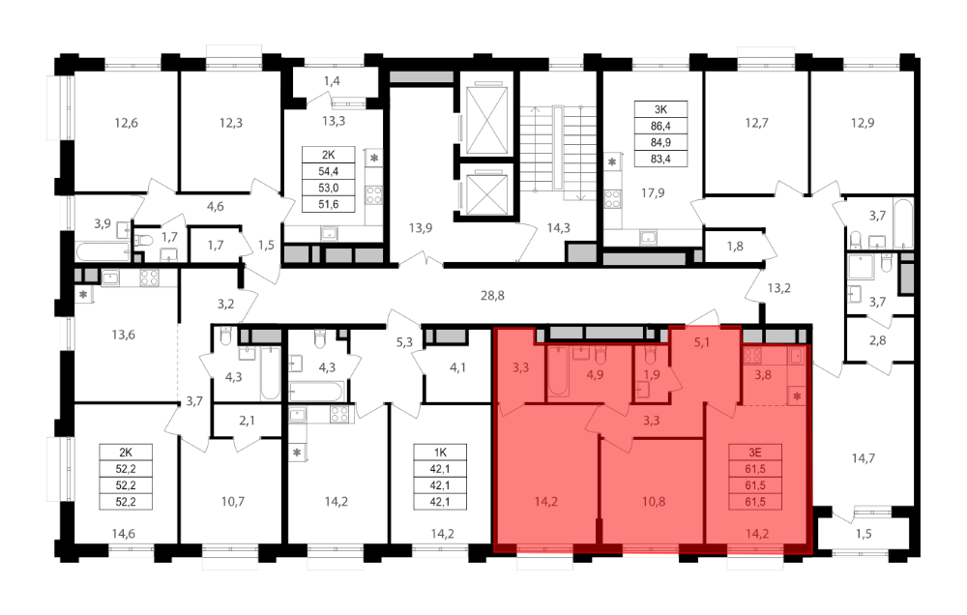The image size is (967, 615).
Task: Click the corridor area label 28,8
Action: [492, 296]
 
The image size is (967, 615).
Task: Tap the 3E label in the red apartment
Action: [755, 453]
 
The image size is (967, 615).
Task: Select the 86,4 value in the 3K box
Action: [660, 126]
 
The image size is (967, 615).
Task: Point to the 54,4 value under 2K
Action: [328, 171]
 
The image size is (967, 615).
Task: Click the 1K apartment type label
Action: [439, 453]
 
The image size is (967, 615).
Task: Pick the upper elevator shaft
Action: [487, 120]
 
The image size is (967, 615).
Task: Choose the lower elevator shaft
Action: [487, 193]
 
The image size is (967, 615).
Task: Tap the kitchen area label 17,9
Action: [653, 193]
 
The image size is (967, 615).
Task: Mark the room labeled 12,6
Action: [126, 123]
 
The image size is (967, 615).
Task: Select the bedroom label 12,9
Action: [863, 123]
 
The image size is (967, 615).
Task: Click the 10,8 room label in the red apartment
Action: [653, 502]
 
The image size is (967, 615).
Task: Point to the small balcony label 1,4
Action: [332, 81]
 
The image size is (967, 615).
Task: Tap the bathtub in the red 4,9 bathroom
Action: [559, 370]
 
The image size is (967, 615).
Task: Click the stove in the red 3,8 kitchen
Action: [753, 355]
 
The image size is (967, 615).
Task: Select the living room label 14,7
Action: [863, 458]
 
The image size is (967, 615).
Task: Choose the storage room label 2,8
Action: [877, 339]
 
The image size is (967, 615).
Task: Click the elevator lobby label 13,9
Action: [420, 227]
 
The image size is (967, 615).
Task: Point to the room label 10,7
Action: [232, 502]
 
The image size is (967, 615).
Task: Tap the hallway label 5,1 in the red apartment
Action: [702, 341]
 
